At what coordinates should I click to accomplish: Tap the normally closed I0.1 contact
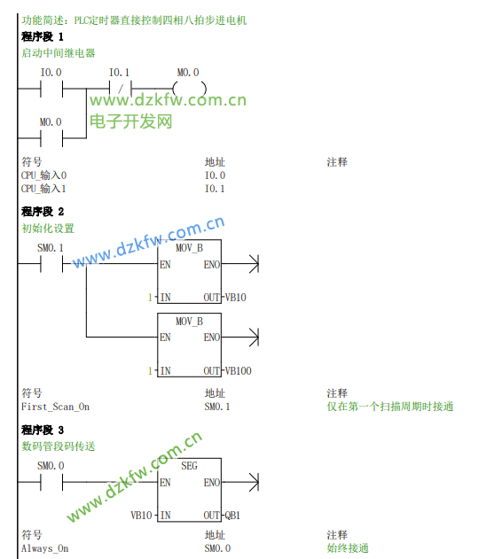tap(121, 89)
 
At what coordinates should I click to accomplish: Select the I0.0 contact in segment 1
tap(51, 89)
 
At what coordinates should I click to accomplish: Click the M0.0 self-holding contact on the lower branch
tap(51, 138)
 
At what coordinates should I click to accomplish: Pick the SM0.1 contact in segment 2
tap(51, 264)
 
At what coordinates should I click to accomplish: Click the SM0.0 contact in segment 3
tap(51, 482)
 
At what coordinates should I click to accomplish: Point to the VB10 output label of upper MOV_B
tap(235, 298)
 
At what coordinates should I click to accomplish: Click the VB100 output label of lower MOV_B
tap(238, 371)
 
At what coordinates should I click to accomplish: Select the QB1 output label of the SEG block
tap(232, 516)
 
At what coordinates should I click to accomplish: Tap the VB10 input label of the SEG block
tap(141, 516)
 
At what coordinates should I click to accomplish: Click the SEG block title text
tap(189, 466)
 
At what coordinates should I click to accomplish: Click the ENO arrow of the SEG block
tap(240, 482)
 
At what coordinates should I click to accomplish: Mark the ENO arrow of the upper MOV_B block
tap(240, 264)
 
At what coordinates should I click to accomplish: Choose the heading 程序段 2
tap(43, 212)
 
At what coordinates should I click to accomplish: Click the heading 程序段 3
tap(43, 430)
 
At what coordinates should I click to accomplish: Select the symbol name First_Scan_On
tap(55, 407)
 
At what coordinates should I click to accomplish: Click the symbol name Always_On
tap(45, 548)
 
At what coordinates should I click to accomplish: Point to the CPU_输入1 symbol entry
tap(43, 189)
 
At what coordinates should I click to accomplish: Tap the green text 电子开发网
tap(131, 121)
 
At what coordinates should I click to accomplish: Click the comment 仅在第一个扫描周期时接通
tap(390, 407)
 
